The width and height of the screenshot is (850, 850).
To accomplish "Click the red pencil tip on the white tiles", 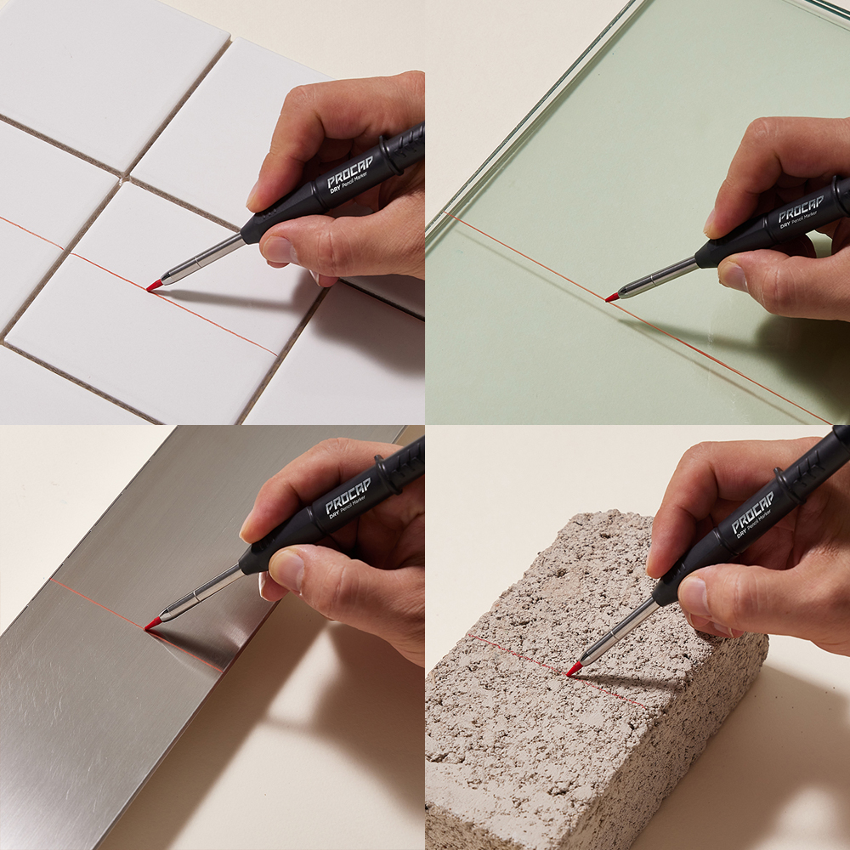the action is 154,285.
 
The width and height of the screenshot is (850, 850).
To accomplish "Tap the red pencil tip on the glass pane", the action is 612,297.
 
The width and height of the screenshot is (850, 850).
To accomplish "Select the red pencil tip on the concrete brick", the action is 574,669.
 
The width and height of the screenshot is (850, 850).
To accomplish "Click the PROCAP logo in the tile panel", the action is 350,173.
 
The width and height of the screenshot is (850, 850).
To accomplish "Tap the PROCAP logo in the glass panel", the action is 802,209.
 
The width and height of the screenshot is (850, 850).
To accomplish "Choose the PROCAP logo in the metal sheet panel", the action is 348,495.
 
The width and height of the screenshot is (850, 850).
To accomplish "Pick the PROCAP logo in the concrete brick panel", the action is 752,512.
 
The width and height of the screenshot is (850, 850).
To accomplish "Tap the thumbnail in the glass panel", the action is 734,276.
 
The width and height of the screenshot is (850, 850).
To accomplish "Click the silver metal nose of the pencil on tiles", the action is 202,260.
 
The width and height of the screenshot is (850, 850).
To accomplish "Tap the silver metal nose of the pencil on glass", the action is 658,278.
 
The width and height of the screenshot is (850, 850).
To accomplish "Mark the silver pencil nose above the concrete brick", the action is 620,632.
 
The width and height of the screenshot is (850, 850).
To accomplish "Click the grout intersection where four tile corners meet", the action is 126,178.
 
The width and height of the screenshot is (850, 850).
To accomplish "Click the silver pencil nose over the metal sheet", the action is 201,594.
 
